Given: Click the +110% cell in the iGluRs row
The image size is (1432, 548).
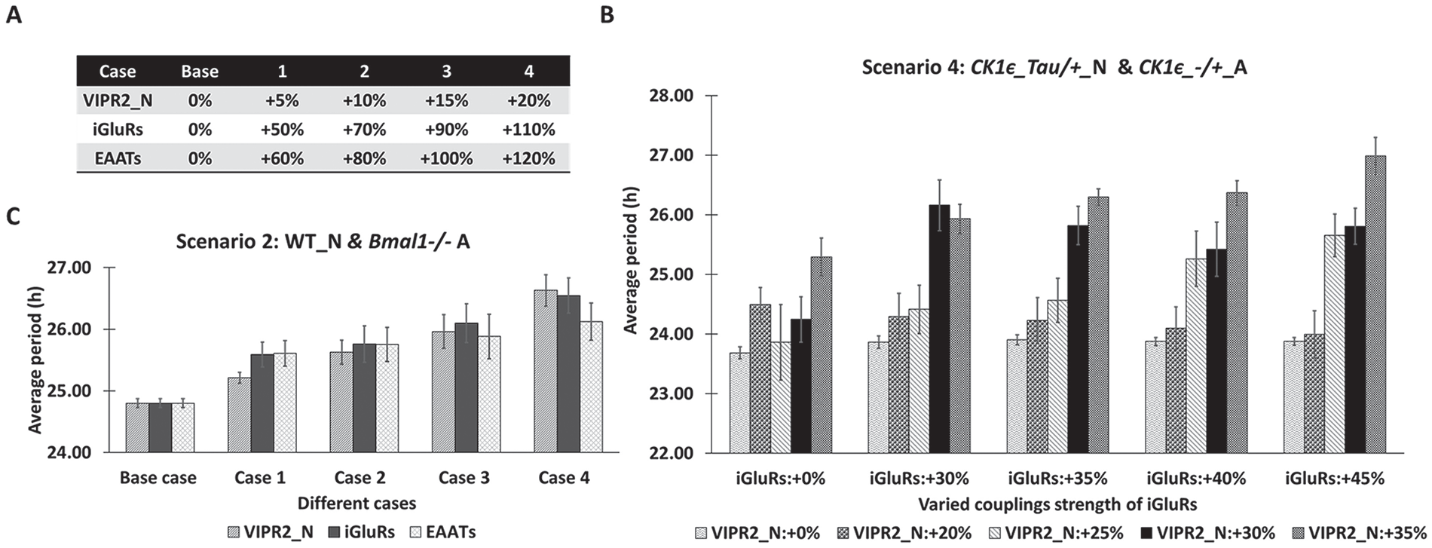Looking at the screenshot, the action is point(528,130).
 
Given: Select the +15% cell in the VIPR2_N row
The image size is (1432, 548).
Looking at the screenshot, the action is point(446,100).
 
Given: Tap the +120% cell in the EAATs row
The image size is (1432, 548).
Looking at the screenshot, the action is point(528,159).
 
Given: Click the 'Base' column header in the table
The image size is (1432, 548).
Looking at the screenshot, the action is point(200,72).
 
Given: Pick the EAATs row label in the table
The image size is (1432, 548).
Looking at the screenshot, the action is point(118,159).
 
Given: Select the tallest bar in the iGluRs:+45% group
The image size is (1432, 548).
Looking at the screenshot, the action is point(1375,304).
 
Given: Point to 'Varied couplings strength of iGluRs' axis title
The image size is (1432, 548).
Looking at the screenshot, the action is point(1058,504).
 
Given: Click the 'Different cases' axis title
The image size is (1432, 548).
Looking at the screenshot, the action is point(356,503).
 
